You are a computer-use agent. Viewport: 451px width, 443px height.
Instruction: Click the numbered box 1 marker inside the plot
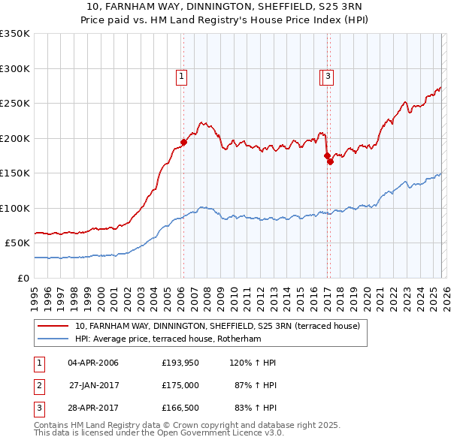(182, 75)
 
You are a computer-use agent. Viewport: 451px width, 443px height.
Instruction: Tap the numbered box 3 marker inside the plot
(329, 75)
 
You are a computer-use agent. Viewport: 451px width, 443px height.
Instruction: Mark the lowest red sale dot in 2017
(330, 161)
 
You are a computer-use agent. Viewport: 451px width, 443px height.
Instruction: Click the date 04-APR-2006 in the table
(93, 363)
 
